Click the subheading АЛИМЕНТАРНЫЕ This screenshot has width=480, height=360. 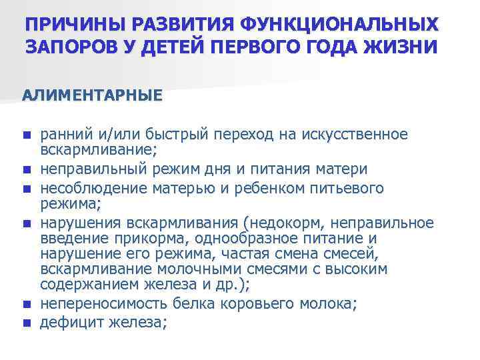pos(92,95)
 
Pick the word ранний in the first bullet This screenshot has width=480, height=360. pos(65,135)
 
